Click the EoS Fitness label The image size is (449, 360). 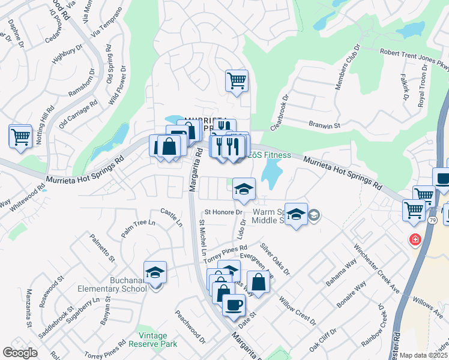270,155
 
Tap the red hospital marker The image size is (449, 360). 414,241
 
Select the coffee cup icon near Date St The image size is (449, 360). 233,305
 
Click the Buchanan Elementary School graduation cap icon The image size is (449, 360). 155,273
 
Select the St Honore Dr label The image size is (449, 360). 223,212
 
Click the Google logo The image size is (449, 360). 20,353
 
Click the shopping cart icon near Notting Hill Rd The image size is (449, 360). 20,137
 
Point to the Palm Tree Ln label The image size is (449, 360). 138,229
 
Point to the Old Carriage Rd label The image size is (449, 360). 78,114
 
